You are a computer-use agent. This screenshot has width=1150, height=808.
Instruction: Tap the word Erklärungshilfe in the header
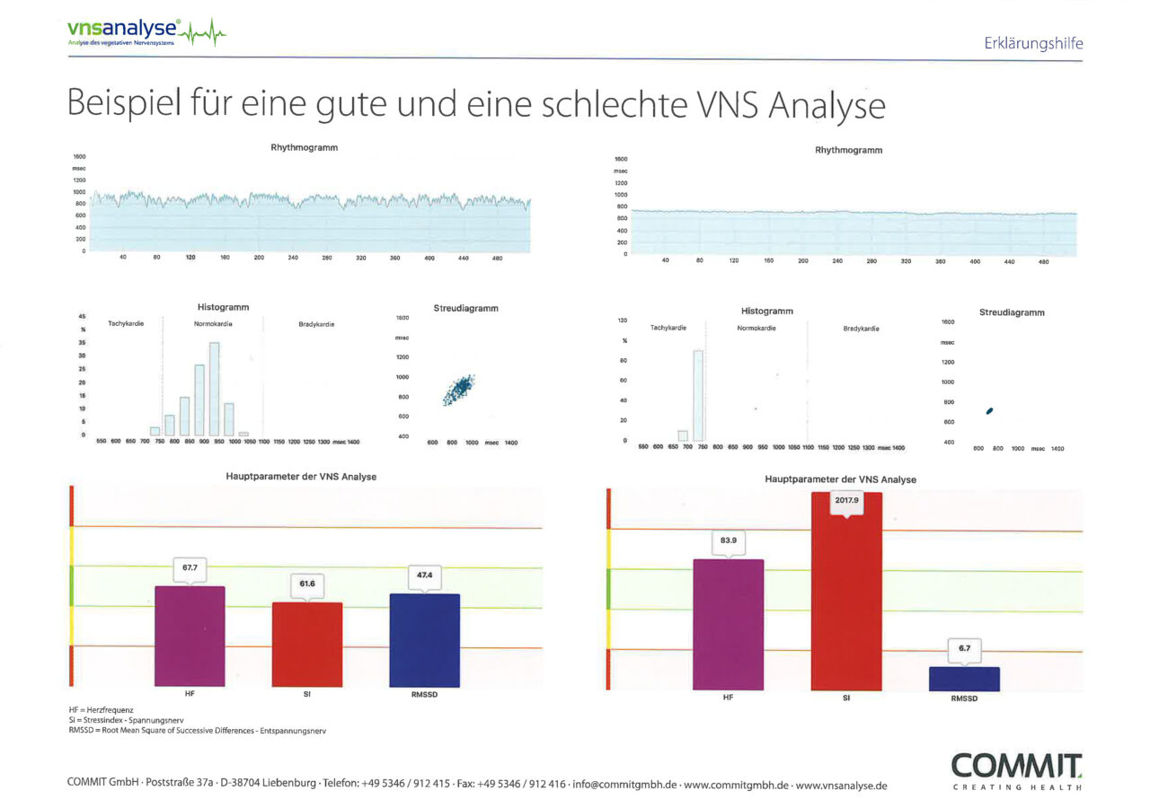tap(1033, 43)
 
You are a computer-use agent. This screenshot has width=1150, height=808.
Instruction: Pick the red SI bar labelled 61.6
tap(307, 644)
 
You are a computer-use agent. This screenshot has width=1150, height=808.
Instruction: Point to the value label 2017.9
tap(846, 499)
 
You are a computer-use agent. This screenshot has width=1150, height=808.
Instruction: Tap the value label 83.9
tap(728, 540)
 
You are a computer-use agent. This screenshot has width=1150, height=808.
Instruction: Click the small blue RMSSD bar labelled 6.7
tap(964, 678)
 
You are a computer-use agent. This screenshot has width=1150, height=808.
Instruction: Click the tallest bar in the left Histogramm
tap(215, 388)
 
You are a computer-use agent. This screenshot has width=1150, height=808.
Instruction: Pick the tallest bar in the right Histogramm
tap(698, 395)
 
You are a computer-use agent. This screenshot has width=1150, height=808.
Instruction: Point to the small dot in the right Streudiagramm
tap(989, 411)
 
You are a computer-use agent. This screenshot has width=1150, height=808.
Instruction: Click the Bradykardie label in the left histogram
tap(316, 324)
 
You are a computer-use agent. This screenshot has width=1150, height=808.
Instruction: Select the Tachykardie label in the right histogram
tap(668, 328)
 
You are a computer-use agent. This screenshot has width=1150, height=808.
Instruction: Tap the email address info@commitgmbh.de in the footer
tap(624, 785)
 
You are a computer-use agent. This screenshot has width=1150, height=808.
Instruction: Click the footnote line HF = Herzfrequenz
tap(94, 710)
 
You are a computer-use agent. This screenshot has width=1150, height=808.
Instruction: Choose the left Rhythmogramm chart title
tap(304, 147)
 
